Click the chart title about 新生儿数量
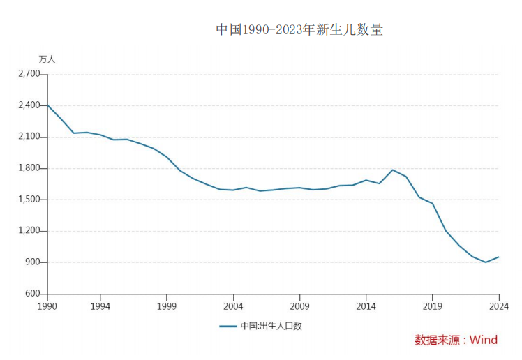299,30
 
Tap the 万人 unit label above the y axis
47,59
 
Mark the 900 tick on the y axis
32,262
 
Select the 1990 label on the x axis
47,306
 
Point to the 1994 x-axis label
100,306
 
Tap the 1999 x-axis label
167,306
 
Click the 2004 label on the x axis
233,306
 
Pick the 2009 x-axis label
299,306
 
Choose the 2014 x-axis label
366,306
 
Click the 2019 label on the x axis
432,306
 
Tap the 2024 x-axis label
498,306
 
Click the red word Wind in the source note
483,340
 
